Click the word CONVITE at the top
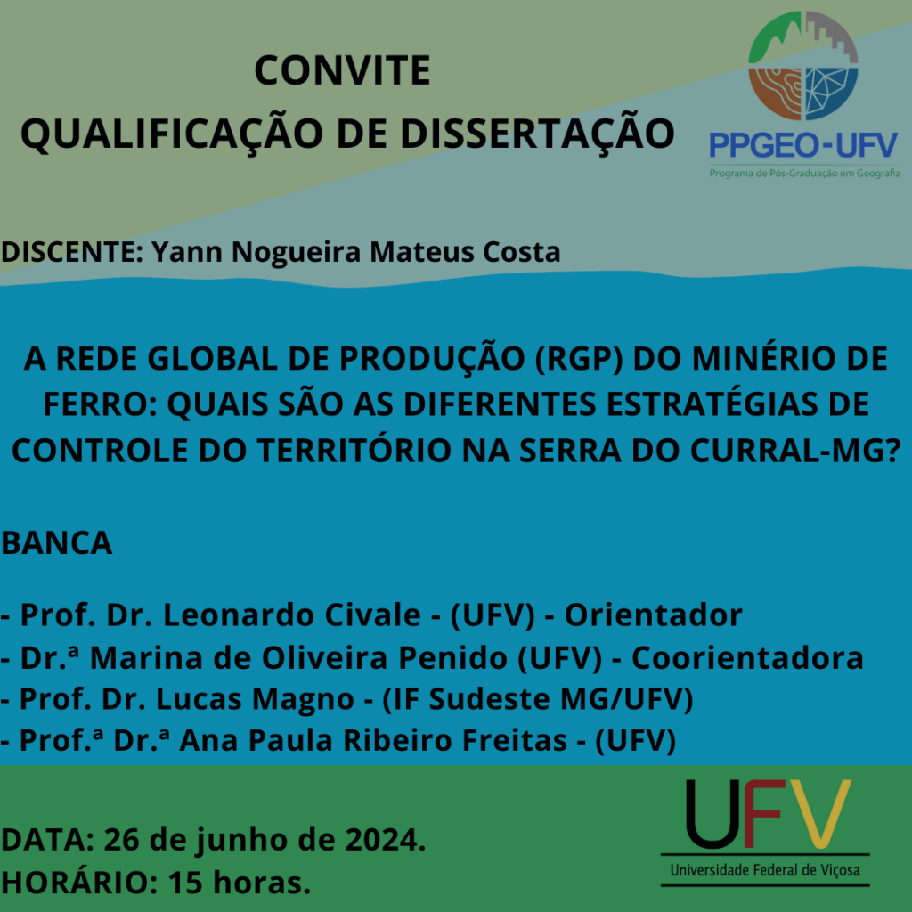(342, 70)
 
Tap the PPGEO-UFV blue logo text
(803, 145)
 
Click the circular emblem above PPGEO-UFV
(802, 66)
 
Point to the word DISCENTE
(72, 252)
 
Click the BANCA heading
(56, 542)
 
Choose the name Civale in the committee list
(372, 615)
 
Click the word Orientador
(653, 615)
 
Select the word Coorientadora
(747, 658)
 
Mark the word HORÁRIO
(79, 882)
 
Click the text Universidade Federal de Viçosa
(765, 870)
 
